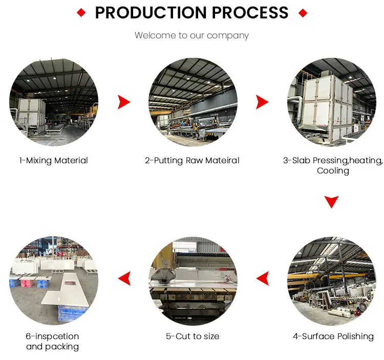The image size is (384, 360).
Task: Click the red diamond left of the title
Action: click(81, 12)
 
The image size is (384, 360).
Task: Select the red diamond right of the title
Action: click(303, 12)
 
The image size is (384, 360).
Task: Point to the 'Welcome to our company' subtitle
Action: click(191, 35)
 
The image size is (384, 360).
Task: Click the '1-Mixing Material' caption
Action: click(54, 161)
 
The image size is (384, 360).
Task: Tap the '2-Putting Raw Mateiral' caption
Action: click(192, 161)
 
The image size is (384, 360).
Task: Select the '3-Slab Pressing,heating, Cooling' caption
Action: click(333, 165)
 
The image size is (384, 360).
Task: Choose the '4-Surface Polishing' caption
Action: click(333, 336)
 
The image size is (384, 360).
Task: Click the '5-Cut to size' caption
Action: click(193, 336)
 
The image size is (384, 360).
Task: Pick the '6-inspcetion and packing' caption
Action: click(53, 341)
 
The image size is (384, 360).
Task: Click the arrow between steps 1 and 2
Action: click(123, 102)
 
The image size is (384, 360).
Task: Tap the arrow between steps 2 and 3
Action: click(262, 102)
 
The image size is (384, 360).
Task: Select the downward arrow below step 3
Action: click(332, 201)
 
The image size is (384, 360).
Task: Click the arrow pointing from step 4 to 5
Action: click(262, 279)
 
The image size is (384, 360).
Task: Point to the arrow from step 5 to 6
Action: click(123, 279)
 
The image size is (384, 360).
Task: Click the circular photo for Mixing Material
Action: click(54, 102)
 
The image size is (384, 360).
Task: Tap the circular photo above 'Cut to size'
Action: click(193, 280)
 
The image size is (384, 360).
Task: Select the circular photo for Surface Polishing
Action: click(332, 280)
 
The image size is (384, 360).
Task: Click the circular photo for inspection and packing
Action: click(54, 280)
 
